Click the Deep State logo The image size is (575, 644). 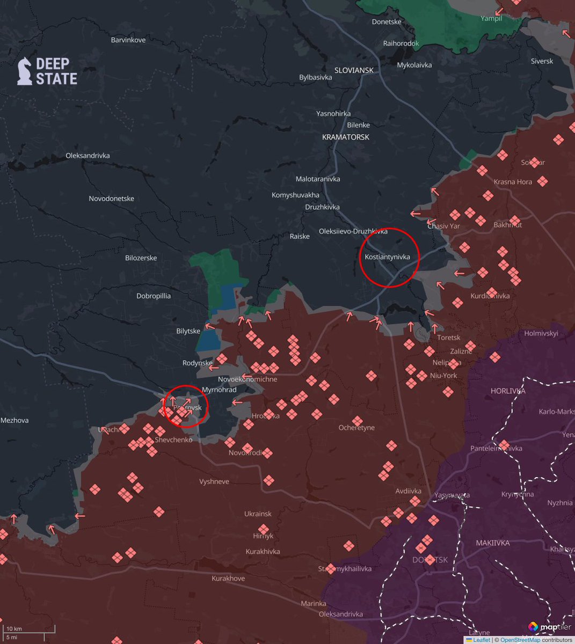click(x=47, y=71)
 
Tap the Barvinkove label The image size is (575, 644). click(x=128, y=40)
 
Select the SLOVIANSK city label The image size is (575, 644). click(x=354, y=70)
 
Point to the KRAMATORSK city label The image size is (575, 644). click(x=346, y=137)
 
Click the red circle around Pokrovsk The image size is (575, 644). click(x=186, y=406)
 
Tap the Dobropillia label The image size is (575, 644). click(x=154, y=296)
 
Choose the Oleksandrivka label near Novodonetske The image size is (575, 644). click(x=88, y=156)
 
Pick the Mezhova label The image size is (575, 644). click(x=14, y=420)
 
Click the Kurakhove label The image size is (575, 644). click(x=228, y=578)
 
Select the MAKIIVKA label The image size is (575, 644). click(x=492, y=543)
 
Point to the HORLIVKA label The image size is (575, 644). click(x=507, y=391)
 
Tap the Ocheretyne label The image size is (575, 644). click(x=356, y=428)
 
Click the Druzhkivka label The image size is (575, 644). click(x=322, y=207)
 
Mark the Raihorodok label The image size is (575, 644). click(x=401, y=43)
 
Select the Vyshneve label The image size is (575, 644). click(x=214, y=481)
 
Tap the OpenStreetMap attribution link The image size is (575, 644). click(x=520, y=640)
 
